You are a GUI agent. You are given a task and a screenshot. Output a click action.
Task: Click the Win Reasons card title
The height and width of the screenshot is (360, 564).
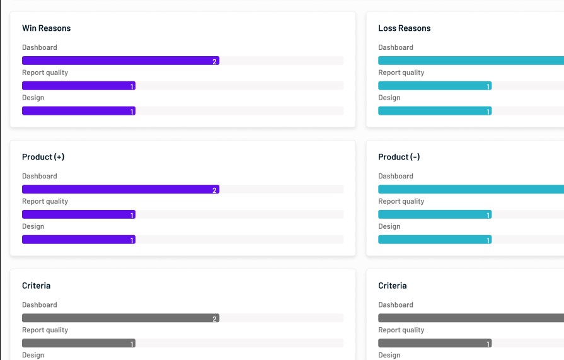[46, 28]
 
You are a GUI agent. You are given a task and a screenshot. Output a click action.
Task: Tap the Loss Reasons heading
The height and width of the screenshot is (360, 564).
[404, 28]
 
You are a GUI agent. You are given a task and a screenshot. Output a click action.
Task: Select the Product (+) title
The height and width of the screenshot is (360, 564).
[43, 157]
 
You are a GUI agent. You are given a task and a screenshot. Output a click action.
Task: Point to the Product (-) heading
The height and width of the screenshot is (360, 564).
[398, 157]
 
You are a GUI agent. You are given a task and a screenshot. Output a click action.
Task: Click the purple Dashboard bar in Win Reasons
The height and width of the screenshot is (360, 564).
[120, 61]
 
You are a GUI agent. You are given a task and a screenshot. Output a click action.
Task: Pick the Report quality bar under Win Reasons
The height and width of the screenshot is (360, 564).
[78, 86]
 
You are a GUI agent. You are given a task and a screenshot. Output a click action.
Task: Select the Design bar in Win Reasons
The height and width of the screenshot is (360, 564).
[78, 111]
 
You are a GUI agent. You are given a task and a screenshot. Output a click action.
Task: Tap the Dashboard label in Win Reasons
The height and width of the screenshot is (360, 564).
[39, 47]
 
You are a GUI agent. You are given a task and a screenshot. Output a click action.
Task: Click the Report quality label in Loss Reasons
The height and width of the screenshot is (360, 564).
[401, 73]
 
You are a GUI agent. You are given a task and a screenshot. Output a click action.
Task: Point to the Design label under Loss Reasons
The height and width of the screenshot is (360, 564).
[389, 98]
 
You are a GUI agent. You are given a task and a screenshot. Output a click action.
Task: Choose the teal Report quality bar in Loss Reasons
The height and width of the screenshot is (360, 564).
[434, 86]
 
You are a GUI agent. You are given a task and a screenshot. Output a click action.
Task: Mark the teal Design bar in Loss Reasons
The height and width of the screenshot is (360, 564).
[434, 111]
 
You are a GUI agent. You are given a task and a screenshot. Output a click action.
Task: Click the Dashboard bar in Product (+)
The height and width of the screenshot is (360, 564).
[120, 189]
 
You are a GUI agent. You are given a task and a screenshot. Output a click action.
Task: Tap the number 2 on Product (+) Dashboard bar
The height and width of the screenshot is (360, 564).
[215, 190]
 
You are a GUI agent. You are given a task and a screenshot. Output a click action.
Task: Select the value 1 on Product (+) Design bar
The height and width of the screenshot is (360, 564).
[132, 240]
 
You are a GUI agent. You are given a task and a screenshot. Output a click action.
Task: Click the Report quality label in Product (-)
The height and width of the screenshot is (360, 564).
[401, 201]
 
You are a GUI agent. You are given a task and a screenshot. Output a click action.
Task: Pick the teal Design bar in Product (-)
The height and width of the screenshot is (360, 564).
[434, 240]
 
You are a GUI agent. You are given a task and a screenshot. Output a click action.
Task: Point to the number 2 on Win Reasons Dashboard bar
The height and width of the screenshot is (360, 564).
[215, 61]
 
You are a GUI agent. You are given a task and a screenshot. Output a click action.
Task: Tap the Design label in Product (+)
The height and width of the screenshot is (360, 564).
[33, 226]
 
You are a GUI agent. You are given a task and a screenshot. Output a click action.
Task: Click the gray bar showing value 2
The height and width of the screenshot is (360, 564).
[120, 318]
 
